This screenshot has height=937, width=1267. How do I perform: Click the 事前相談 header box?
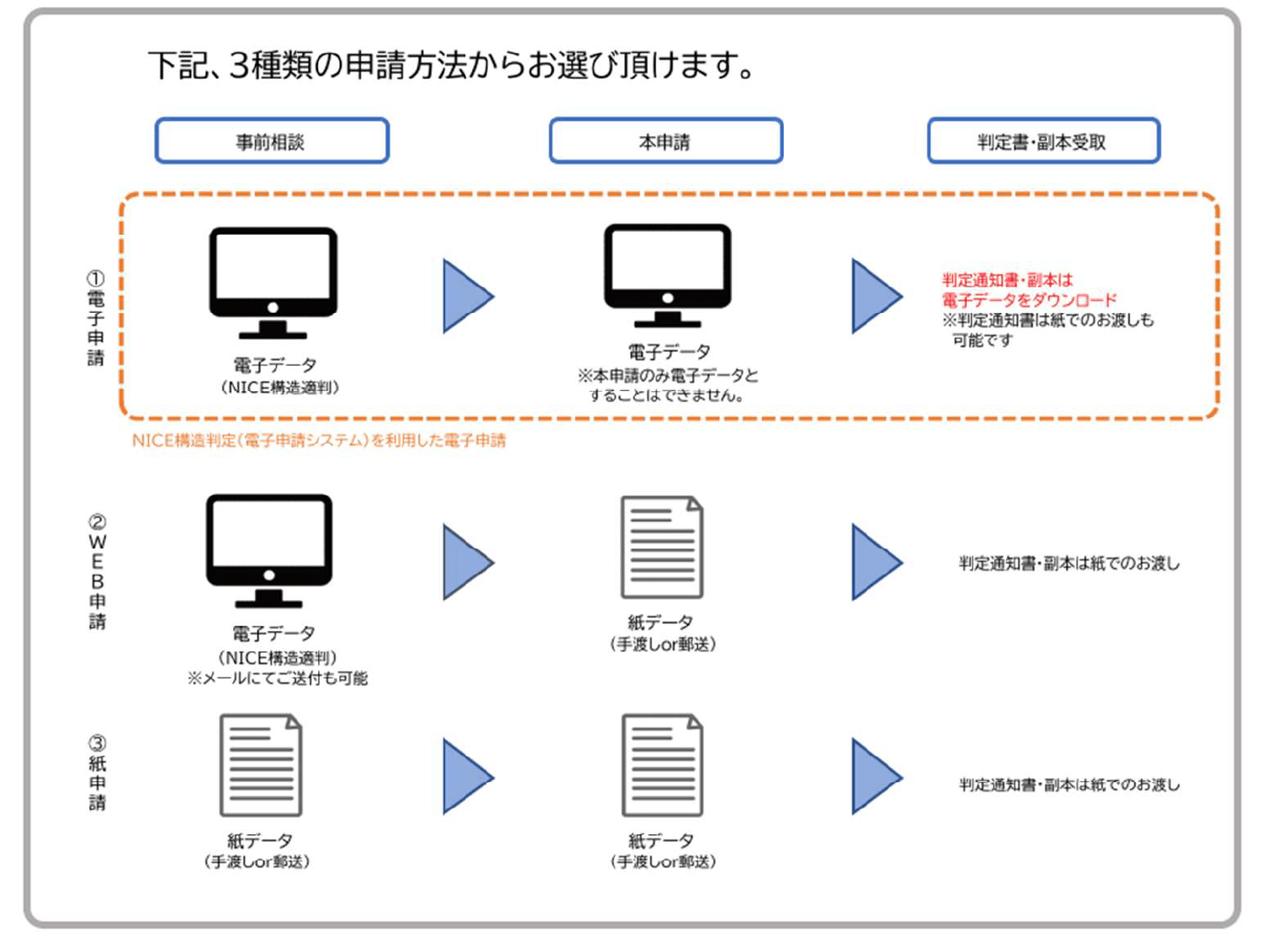272,141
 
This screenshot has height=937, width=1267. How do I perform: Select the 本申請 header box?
666,141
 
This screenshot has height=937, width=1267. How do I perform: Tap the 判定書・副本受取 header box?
1043,141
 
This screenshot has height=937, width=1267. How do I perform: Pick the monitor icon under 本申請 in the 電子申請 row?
668,275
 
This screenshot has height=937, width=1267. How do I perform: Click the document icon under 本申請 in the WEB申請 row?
662,547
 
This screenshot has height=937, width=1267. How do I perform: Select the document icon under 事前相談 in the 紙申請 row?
261,764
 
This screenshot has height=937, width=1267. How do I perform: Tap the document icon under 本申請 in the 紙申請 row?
662,764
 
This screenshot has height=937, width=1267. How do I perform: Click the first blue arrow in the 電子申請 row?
466,296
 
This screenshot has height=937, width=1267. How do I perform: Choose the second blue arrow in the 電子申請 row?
875,296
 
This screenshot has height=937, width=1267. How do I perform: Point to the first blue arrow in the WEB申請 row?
466,562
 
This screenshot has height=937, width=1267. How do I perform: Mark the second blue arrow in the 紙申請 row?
875,776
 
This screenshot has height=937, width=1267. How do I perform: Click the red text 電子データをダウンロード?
1029,300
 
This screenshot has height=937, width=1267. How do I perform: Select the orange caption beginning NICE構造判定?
319,440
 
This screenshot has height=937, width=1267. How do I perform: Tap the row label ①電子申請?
96,318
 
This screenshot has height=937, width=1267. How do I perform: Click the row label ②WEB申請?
98,571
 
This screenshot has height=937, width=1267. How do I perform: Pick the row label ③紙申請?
98,772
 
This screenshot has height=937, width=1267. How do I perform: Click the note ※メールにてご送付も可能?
278,679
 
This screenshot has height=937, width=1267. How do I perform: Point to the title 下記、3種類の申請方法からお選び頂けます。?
452,65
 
